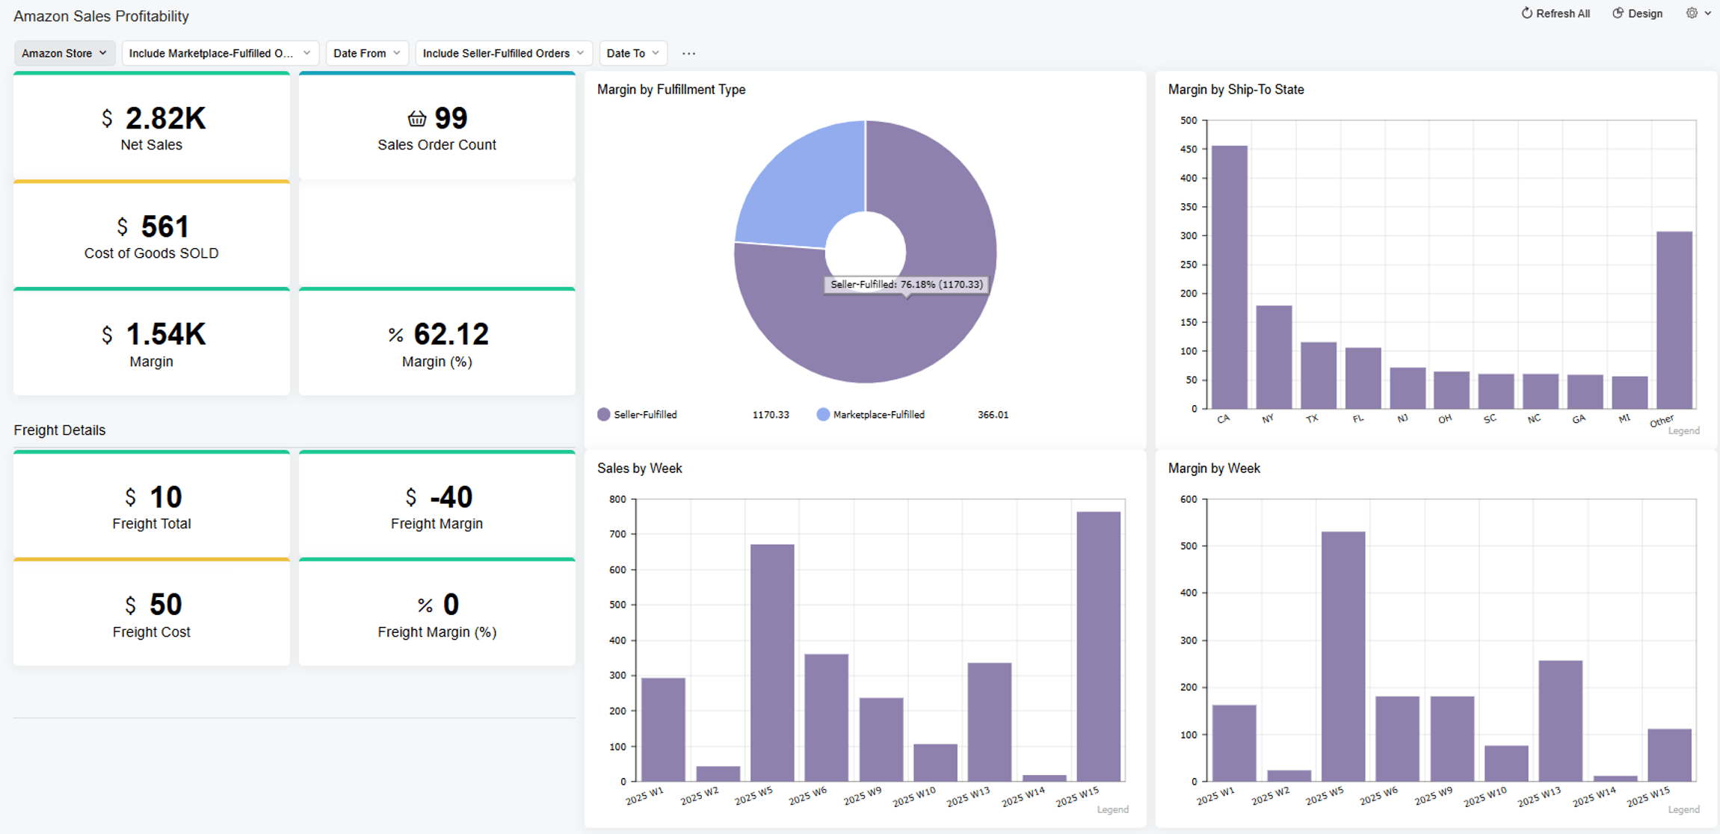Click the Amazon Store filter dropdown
click(x=64, y=53)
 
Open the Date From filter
click(x=366, y=53)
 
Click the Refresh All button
click(x=1556, y=13)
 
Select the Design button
click(x=1638, y=13)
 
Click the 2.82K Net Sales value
click(x=164, y=118)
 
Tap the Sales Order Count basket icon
click(x=416, y=118)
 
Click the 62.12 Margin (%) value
click(x=451, y=334)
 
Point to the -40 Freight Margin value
click(x=451, y=497)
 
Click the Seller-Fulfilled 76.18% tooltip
click(x=906, y=284)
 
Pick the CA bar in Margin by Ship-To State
click(x=1229, y=277)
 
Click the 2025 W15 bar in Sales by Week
click(x=1098, y=646)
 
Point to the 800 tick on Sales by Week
click(x=617, y=499)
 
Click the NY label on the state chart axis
click(x=1267, y=419)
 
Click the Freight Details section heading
click(x=60, y=430)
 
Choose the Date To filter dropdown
click(x=632, y=53)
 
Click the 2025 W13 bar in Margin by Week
click(x=1560, y=720)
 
